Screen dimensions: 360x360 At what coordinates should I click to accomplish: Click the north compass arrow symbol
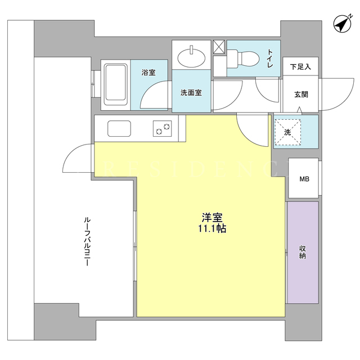coord(343,23)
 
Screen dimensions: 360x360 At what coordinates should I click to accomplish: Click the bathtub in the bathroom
coord(116,85)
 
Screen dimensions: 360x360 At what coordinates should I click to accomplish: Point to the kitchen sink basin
coord(119,128)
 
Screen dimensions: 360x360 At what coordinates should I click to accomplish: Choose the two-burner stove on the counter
coord(163,129)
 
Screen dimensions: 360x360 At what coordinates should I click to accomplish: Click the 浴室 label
coord(148,73)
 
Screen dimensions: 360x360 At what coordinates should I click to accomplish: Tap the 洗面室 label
coord(191,93)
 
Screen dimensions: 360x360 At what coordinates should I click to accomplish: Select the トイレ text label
coord(270,58)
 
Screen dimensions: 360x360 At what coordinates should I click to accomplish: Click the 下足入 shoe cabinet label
coord(300,67)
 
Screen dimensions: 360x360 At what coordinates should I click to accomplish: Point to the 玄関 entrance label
coord(301,94)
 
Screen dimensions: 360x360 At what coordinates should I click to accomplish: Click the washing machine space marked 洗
coord(287,132)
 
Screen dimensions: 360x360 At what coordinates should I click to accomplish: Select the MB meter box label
coord(304,179)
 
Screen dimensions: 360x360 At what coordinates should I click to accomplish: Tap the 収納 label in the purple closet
coord(303,252)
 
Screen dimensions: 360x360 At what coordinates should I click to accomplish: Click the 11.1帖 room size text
coord(212,229)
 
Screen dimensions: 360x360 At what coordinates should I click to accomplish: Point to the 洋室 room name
coord(212,218)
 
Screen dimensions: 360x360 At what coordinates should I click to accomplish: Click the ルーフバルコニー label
coord(87,242)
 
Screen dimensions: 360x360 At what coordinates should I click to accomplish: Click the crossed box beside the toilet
coord(219,47)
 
